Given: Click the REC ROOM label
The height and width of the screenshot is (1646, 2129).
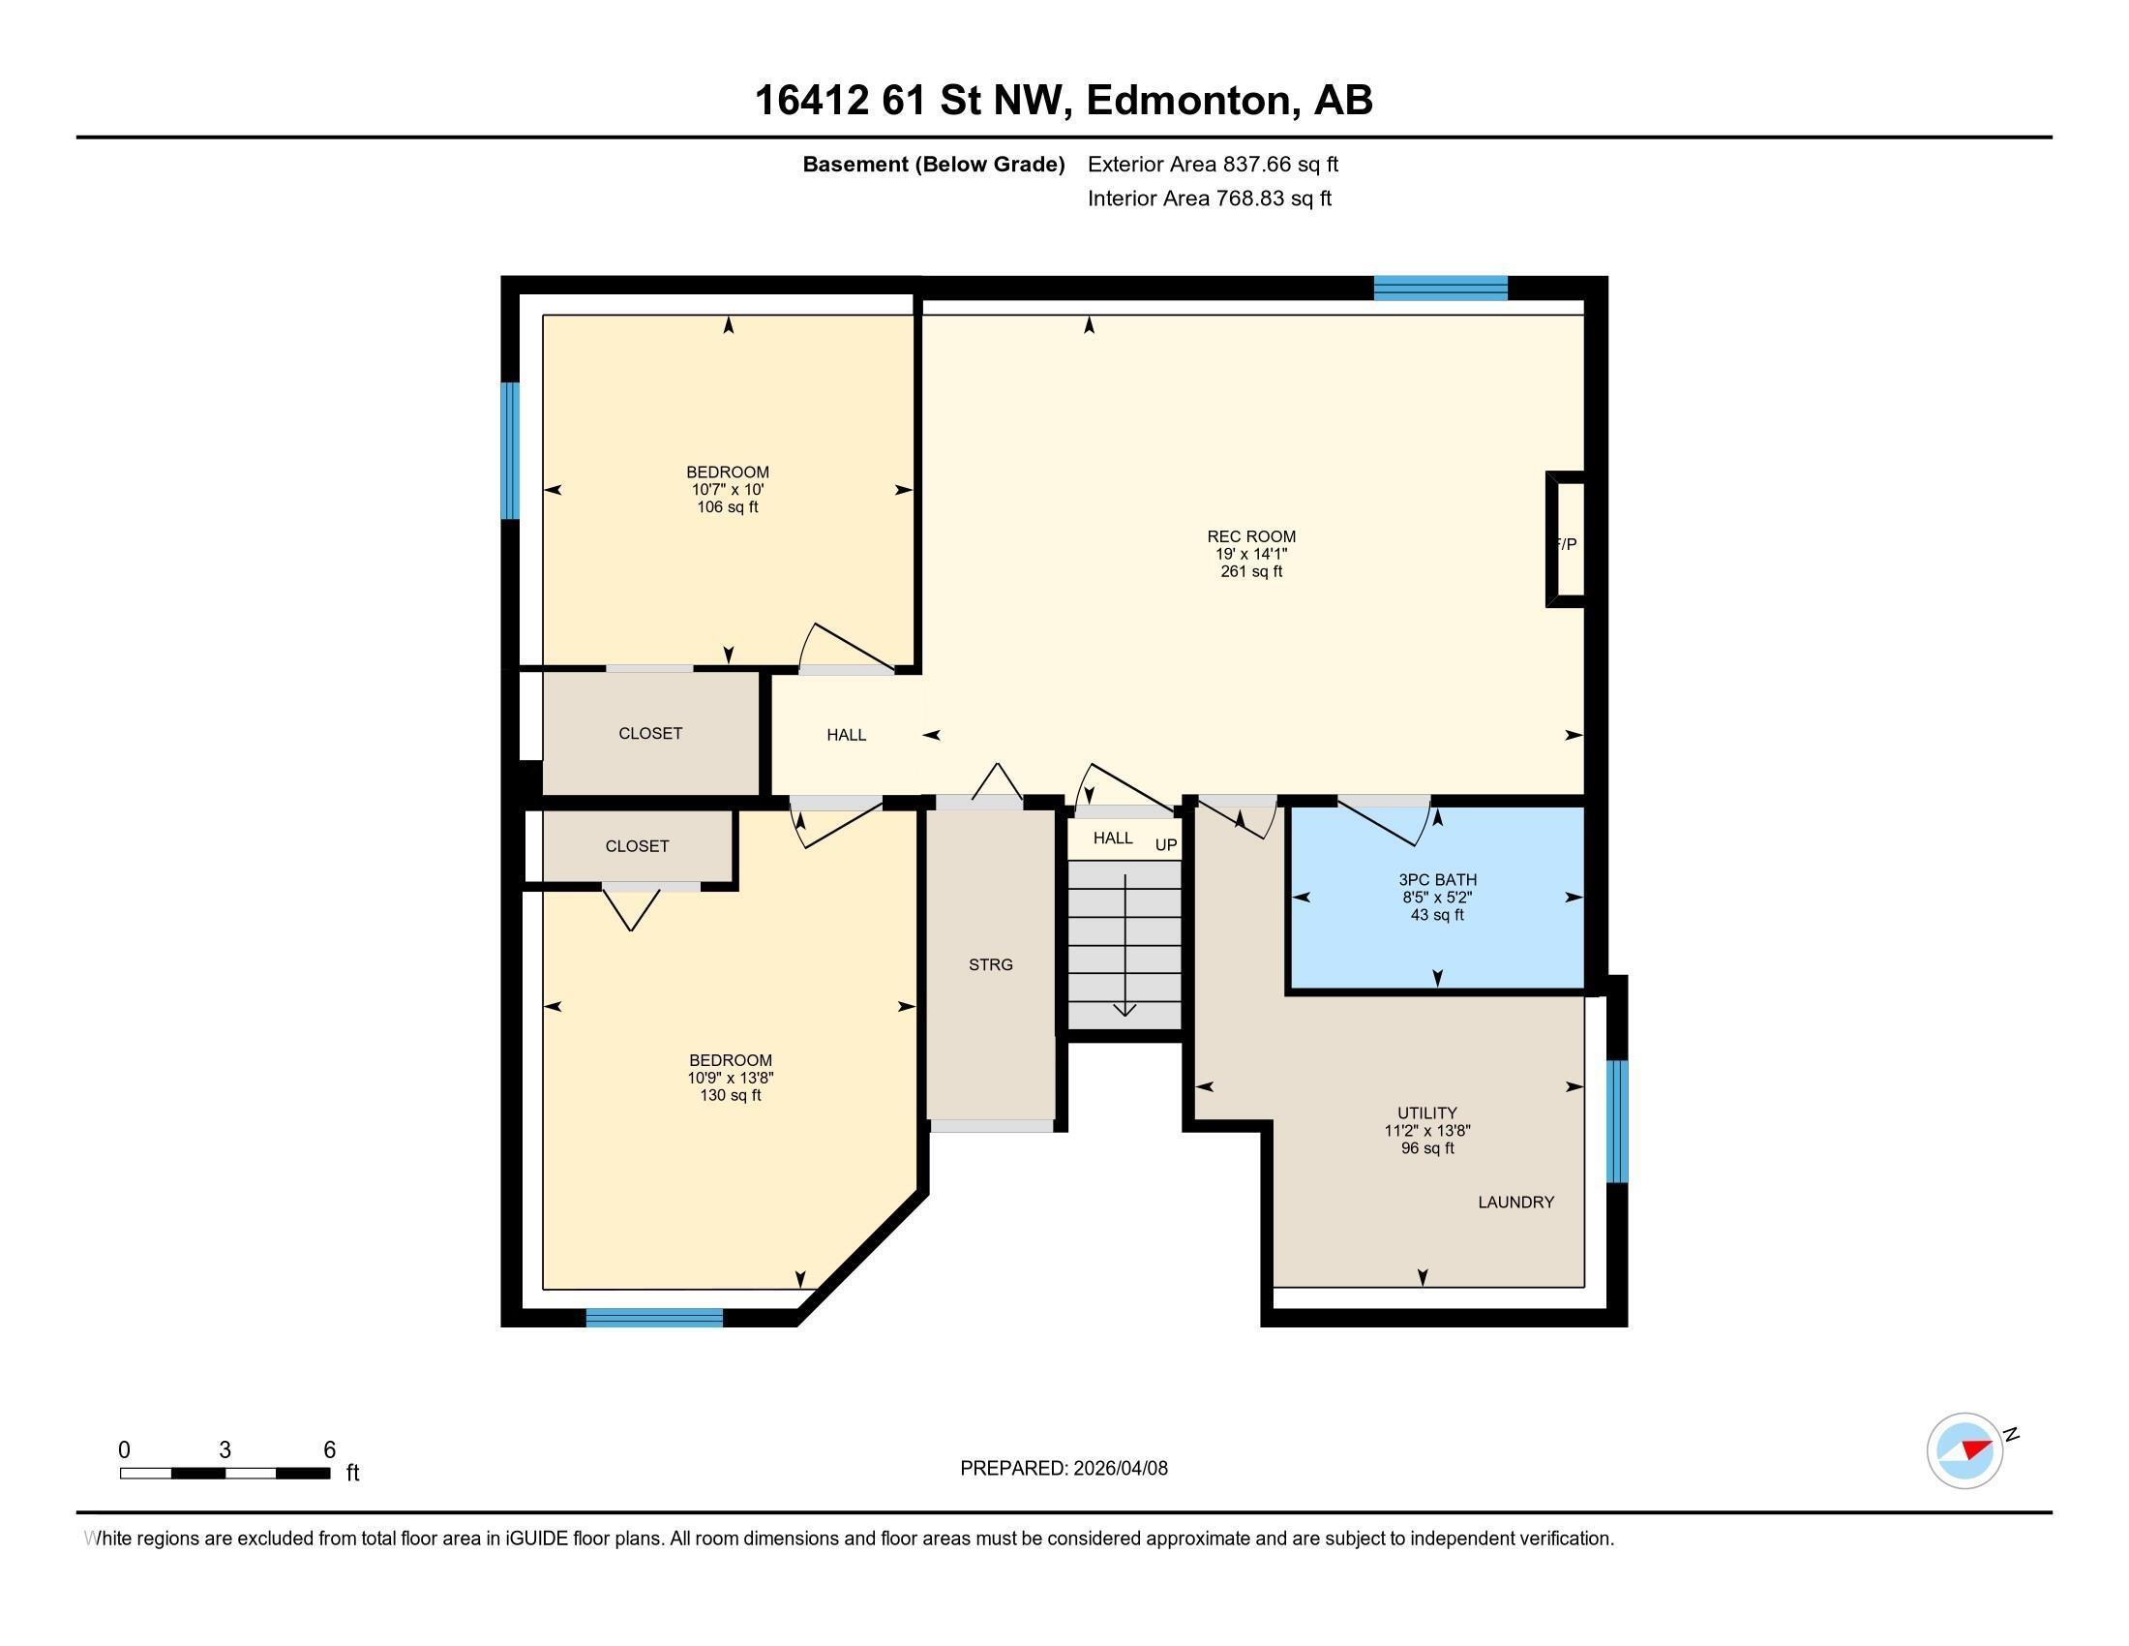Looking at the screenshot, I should point(1250,536).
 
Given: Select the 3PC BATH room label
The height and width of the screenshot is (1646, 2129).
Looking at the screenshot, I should point(1437,879).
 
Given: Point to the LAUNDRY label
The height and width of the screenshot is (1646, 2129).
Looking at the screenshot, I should point(1514,1203).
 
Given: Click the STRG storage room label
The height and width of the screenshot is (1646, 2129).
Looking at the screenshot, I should point(990,964).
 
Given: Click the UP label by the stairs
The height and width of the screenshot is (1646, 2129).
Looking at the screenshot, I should point(1166,844).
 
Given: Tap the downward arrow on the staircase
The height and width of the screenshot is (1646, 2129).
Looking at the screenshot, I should point(1124,1010).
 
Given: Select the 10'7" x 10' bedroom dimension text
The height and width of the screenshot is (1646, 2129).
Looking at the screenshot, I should point(727,490).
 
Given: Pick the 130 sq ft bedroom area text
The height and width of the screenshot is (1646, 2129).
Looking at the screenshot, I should point(730,1095).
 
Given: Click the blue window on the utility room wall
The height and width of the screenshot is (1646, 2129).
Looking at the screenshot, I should point(1617,1121).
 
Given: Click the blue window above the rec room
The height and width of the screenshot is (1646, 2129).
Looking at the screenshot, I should point(1440,288).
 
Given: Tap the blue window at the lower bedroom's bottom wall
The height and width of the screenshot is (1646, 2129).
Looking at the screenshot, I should point(654,1318).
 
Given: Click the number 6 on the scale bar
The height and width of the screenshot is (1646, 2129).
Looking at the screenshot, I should point(329,1449).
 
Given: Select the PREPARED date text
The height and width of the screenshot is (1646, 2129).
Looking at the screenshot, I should point(1064,1468).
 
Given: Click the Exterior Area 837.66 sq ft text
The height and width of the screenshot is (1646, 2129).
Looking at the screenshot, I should point(1213,164).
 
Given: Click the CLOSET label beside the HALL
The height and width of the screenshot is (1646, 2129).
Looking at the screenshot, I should point(650,733).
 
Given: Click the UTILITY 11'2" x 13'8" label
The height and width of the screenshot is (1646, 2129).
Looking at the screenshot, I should point(1427,1121).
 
